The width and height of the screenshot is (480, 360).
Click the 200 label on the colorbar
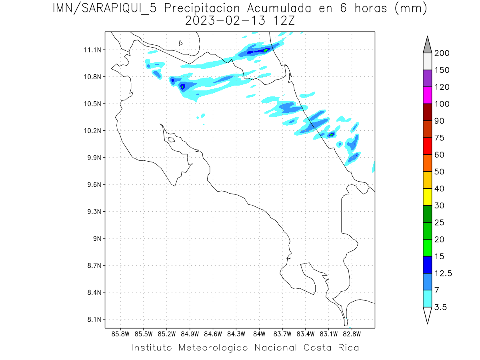[x=442, y=53]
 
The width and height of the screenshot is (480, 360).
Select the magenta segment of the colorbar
[x=427, y=95]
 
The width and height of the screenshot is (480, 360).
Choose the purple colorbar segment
[x=427, y=78]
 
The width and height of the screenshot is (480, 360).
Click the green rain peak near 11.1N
[x=265, y=50]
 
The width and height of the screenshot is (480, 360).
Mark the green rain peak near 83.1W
[x=332, y=134]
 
